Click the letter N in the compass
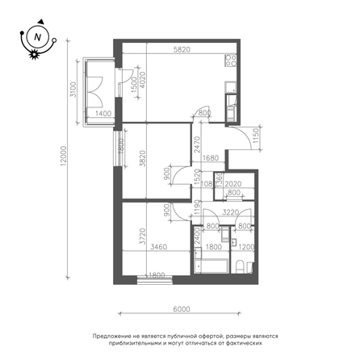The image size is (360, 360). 38,37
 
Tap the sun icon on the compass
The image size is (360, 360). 34,54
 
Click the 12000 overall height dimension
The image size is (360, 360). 64,156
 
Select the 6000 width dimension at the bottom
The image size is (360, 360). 182,309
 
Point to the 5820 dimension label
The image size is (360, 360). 182,49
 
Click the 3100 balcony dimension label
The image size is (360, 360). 73,90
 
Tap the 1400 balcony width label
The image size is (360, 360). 103,114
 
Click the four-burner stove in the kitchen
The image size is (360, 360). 231,61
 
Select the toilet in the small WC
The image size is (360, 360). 240,266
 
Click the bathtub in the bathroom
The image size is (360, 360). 211,266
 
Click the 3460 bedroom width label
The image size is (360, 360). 159,247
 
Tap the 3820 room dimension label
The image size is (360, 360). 143,158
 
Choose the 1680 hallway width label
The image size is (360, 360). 210,158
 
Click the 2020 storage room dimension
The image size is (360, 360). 233,184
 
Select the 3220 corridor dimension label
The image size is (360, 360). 231,212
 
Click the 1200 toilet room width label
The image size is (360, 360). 247,247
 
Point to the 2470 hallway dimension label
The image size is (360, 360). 198,144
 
